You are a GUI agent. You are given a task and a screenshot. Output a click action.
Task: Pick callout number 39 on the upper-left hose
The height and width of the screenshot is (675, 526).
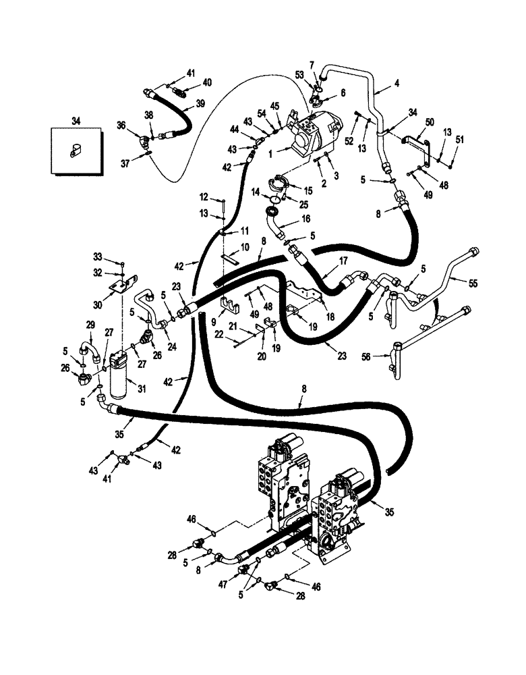[200, 103]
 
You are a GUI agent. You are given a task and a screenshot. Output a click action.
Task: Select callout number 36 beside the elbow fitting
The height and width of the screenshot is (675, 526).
[122, 124]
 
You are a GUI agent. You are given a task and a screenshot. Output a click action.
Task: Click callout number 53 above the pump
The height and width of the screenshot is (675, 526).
[299, 74]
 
